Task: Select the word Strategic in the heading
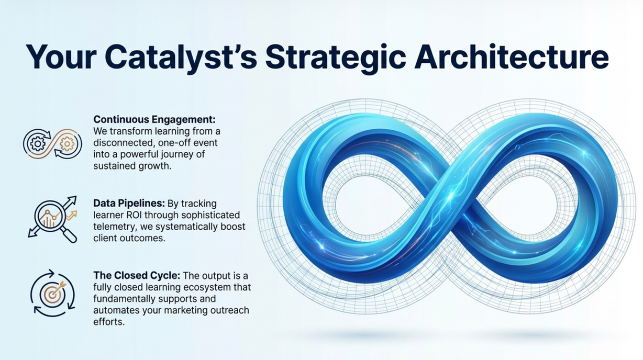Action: (x=335, y=58)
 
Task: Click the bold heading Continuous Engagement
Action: (x=154, y=119)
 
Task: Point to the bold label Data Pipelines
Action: (x=129, y=204)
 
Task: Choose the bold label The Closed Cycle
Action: (x=137, y=275)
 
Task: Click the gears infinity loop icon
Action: (x=52, y=144)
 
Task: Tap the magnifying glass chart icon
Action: (x=53, y=219)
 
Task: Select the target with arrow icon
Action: (x=52, y=293)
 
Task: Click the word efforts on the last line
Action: (x=109, y=322)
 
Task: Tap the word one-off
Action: (x=174, y=143)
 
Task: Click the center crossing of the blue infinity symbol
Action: (x=451, y=198)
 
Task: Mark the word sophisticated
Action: (x=210, y=216)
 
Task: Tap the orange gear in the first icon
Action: (x=67, y=143)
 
